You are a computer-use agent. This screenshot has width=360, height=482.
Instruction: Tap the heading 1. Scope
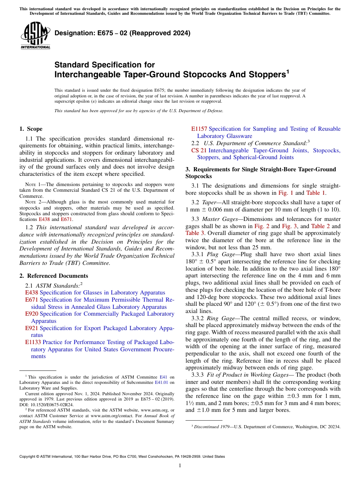[31, 129]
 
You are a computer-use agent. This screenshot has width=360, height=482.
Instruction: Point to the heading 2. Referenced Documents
[54, 276]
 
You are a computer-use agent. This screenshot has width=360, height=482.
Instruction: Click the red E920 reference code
[31, 314]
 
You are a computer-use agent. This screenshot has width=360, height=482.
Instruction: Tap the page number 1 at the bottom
[180, 466]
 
